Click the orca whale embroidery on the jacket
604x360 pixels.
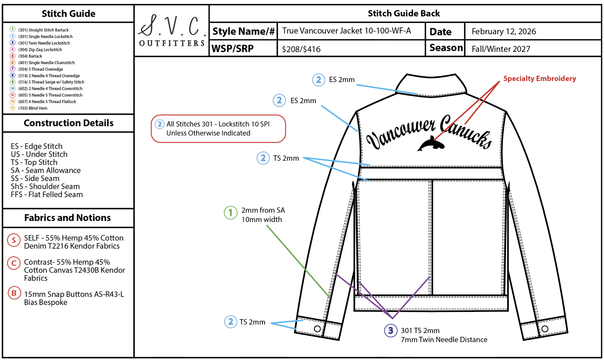431,144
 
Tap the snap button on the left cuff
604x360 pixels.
317,329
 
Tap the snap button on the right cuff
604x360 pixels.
545,329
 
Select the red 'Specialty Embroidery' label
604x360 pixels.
540,79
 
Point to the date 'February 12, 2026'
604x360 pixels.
504,31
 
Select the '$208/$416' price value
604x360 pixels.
301,49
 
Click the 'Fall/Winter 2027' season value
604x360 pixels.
501,49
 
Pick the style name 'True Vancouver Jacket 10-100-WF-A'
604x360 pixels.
346,31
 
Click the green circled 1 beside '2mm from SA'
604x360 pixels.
231,213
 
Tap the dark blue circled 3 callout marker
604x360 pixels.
391,330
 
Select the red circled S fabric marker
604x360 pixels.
14,240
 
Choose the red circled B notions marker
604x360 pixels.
14,293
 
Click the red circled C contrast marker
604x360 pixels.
14,263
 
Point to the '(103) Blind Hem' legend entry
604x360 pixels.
33,108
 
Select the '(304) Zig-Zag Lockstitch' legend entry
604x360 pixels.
40,50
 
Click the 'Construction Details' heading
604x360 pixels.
69,123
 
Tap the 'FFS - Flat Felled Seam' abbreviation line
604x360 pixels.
47,195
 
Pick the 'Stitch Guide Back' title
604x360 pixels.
404,14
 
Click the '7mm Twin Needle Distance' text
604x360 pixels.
444,340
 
